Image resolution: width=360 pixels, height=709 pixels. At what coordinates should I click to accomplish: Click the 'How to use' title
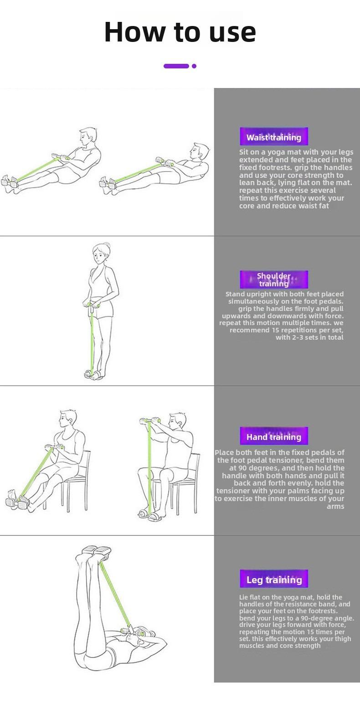180,32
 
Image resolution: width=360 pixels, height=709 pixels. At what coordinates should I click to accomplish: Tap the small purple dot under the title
194,66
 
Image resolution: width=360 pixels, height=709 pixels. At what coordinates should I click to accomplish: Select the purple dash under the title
176,66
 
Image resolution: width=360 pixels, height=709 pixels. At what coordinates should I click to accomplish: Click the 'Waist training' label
273,137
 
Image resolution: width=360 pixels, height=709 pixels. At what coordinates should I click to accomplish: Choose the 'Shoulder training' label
273,279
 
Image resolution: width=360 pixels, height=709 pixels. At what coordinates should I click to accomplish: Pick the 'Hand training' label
273,437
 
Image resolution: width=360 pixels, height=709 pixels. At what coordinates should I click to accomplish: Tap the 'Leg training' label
273,580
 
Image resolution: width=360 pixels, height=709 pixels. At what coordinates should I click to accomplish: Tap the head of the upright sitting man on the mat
87,137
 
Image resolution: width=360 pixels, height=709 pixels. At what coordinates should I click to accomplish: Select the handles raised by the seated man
149,421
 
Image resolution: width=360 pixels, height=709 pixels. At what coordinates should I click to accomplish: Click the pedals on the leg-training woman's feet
96,550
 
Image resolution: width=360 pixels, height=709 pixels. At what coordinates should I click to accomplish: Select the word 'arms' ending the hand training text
335,506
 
